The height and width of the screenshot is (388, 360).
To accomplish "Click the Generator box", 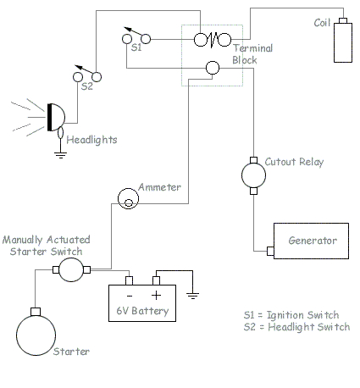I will [309, 241].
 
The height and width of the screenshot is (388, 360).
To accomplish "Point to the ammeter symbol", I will [127, 198].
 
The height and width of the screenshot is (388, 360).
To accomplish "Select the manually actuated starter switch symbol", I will [71, 270].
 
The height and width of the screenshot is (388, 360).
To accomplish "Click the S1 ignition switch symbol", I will [136, 38].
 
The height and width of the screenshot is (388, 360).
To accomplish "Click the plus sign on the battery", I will [157, 295].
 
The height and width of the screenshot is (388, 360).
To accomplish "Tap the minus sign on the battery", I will [129, 295].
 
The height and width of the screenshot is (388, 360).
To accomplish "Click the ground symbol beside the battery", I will [194, 296].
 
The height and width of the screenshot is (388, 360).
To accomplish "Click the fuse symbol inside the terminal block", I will [213, 39].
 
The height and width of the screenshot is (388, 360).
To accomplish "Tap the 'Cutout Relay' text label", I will [294, 162].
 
